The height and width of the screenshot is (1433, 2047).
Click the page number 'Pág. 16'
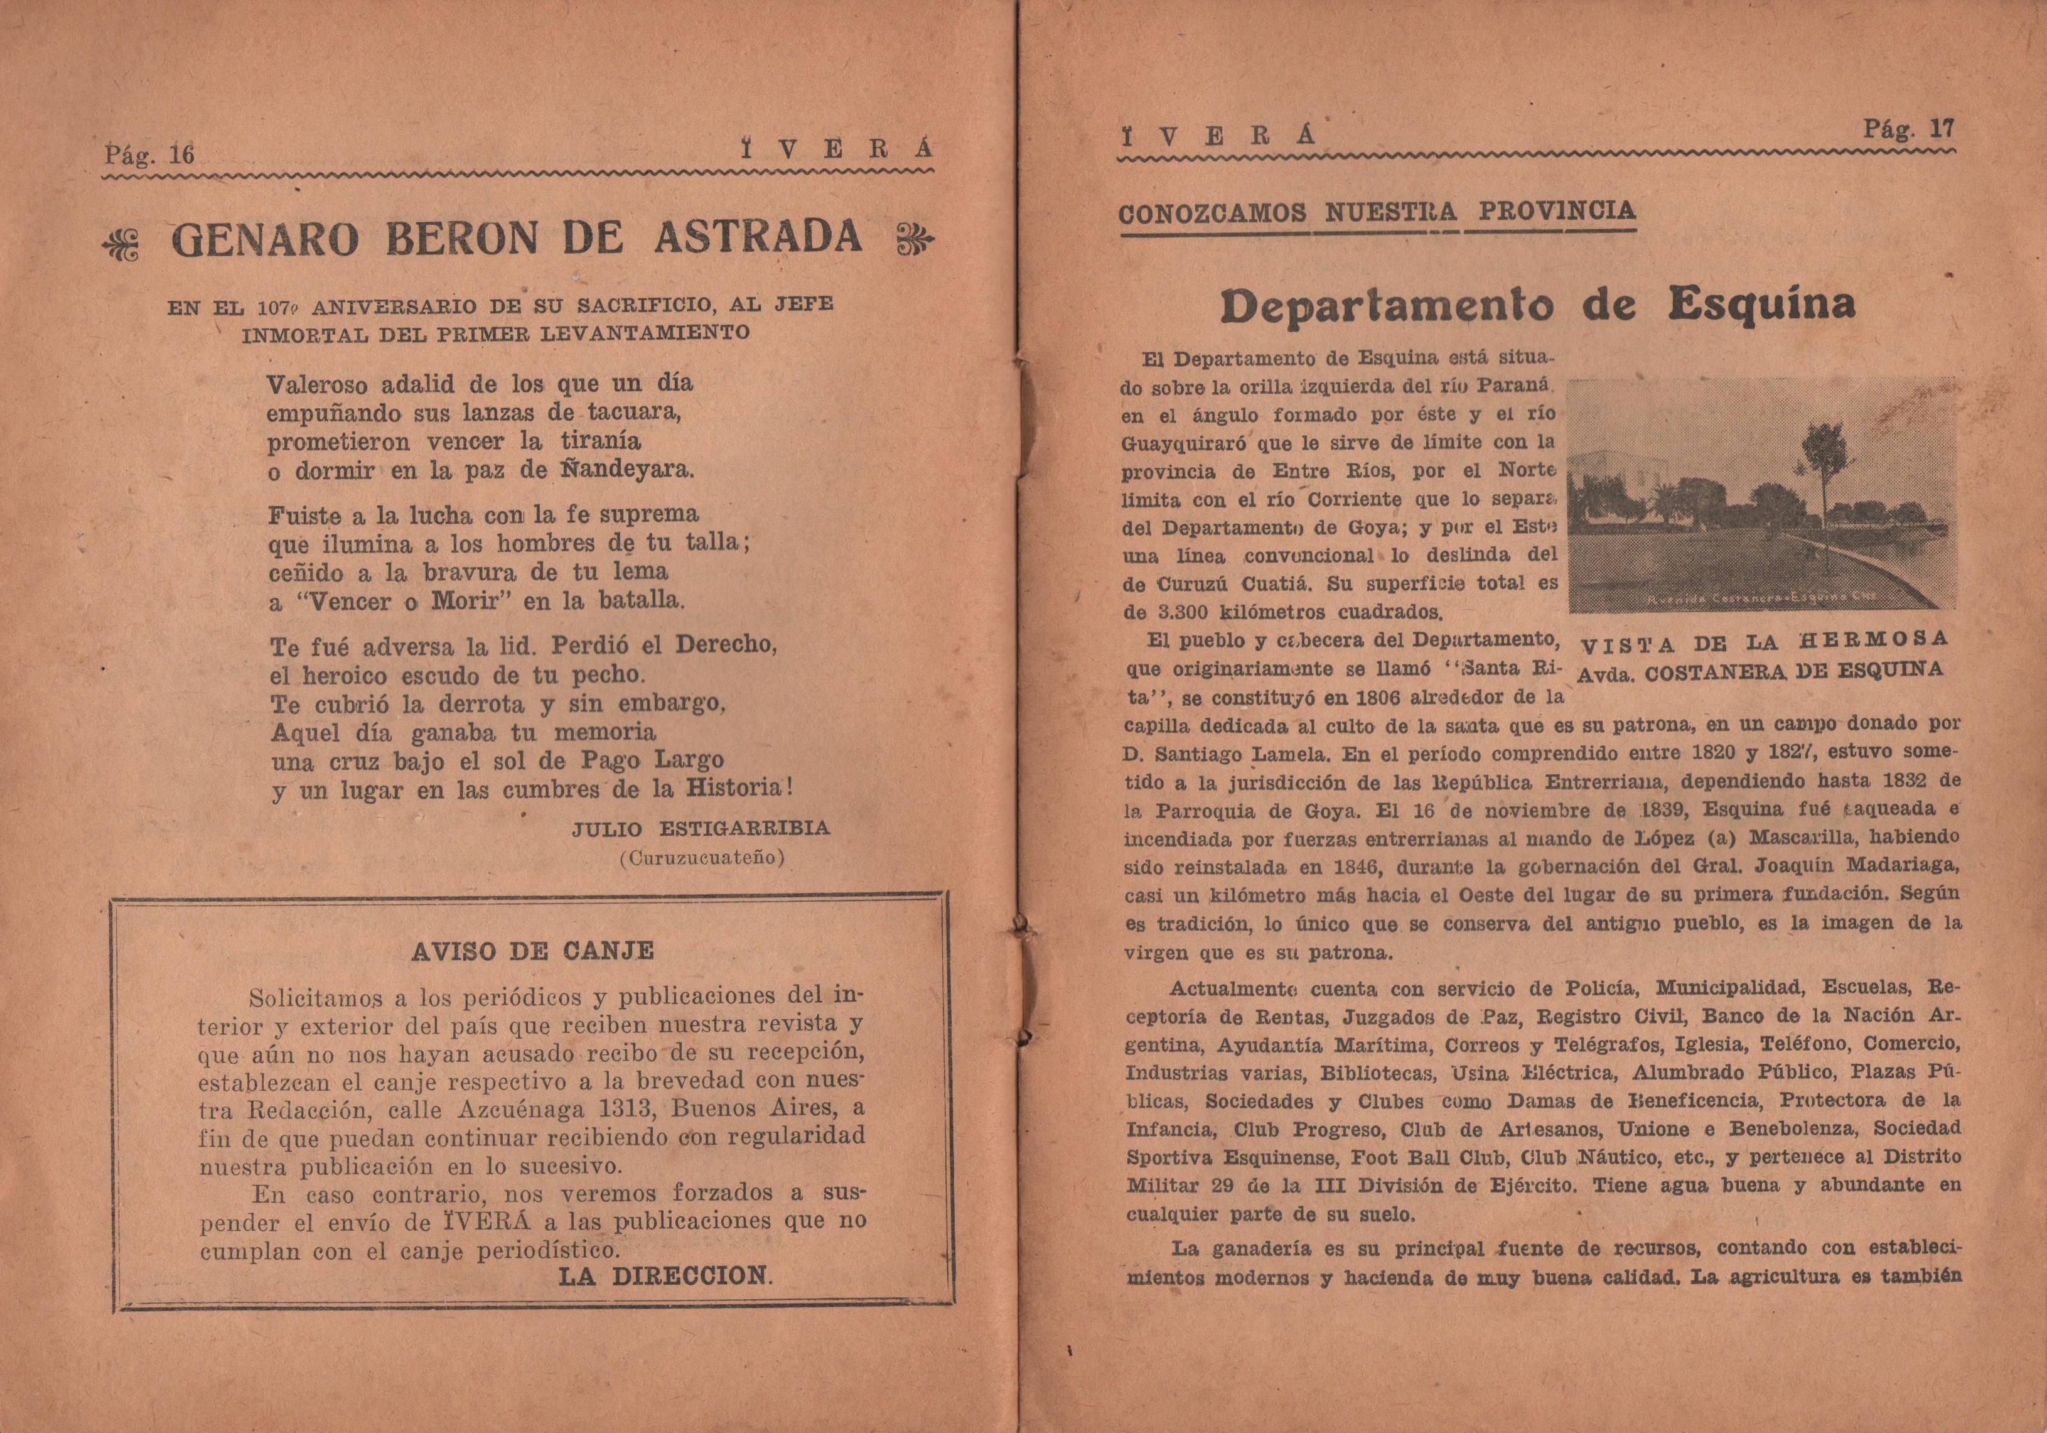click(x=149, y=155)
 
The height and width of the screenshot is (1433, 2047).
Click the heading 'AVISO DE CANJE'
click(x=532, y=951)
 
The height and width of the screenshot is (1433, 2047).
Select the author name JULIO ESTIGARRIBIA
click(x=701, y=828)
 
